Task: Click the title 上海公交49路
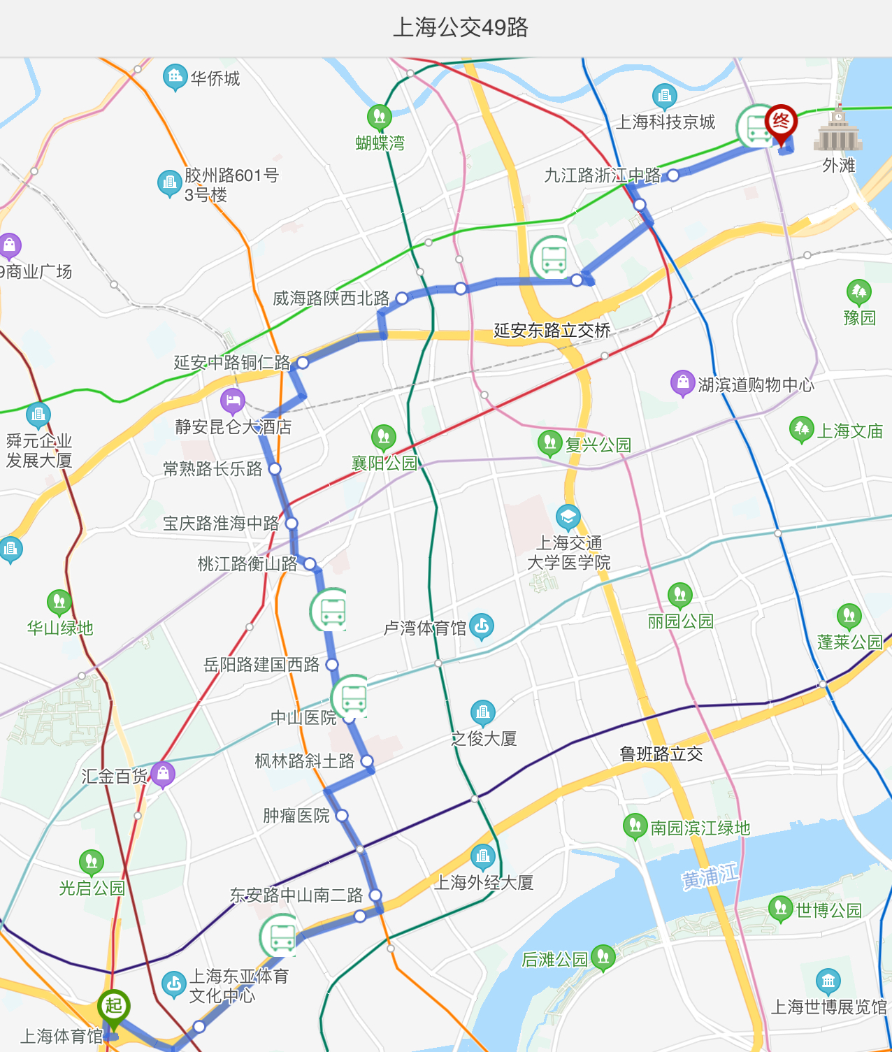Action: [461, 28]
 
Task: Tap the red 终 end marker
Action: [781, 123]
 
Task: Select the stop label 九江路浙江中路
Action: [602, 175]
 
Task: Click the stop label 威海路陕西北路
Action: [331, 298]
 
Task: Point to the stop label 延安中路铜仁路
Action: [231, 363]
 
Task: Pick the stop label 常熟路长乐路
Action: [213, 469]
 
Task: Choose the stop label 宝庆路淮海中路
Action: [221, 524]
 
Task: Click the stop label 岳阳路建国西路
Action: [261, 665]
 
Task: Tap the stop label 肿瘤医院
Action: [296, 816]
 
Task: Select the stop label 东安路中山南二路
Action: [296, 895]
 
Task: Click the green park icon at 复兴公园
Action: [549, 442]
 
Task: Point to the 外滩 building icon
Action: [837, 131]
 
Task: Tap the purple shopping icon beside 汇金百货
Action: [162, 774]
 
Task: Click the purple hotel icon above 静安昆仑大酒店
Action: [232, 401]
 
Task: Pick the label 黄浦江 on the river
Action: [710, 876]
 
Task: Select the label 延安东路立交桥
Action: [552, 331]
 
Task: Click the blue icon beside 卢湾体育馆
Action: [482, 626]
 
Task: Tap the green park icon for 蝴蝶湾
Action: [379, 117]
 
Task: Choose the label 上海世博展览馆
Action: [828, 1007]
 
